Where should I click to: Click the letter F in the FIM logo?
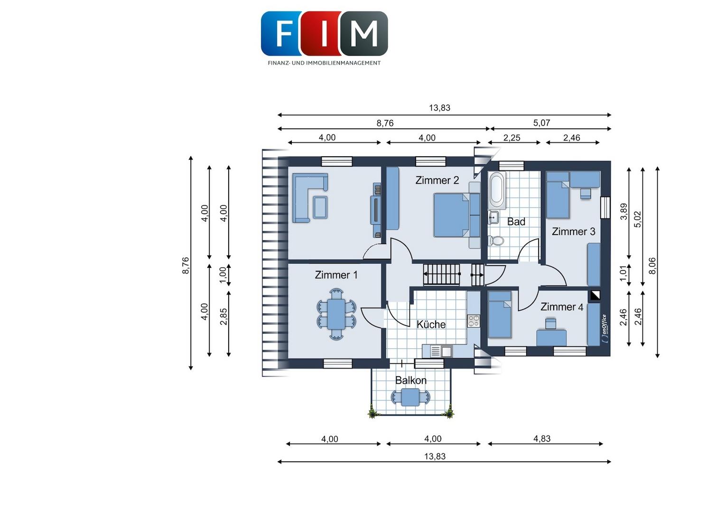284,33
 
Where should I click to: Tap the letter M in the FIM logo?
364,33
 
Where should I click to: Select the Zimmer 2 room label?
437,180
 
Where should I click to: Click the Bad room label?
516,222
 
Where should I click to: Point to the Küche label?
431,324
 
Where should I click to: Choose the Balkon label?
411,380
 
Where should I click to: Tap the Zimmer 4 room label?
562,306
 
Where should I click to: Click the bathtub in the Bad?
497,190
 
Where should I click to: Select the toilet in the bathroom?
496,240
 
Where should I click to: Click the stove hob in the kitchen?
473,321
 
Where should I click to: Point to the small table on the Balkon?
410,397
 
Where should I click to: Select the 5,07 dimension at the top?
541,123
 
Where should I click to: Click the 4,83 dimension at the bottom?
542,438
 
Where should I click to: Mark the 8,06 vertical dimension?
652,266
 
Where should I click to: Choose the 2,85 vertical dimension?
223,316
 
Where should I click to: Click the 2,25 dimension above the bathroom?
511,138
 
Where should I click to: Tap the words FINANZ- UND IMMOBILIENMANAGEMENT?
324,63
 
